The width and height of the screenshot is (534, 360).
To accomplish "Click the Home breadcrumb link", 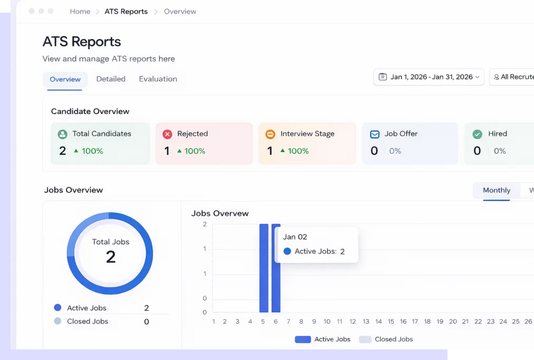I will pyautogui.click(x=80, y=12).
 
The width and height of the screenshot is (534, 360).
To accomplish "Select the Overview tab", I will pyautogui.click(x=65, y=79).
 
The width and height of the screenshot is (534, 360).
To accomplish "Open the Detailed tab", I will pyautogui.click(x=111, y=79).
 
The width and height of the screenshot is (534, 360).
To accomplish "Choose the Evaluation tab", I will pyautogui.click(x=158, y=79).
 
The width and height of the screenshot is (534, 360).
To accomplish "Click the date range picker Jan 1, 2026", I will pyautogui.click(x=428, y=77).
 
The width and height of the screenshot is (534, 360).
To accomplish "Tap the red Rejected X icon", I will pyautogui.click(x=167, y=134).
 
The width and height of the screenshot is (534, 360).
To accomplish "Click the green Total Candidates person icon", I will pyautogui.click(x=63, y=134).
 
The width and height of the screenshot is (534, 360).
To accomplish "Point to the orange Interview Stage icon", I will pyautogui.click(x=270, y=134).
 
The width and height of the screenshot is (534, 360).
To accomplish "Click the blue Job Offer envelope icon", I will pyautogui.click(x=375, y=134).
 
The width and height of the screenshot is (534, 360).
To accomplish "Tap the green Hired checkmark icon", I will pyautogui.click(x=478, y=134).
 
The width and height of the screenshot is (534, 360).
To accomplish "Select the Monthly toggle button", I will pyautogui.click(x=497, y=190).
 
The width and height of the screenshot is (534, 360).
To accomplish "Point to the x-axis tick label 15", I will pyautogui.click(x=391, y=321).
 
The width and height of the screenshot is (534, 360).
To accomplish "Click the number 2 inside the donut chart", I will pyautogui.click(x=110, y=257).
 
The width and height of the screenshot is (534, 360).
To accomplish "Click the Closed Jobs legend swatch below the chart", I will pyautogui.click(x=365, y=339).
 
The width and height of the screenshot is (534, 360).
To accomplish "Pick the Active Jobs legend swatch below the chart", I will pyautogui.click(x=303, y=339).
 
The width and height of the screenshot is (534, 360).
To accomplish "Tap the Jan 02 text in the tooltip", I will pyautogui.click(x=295, y=237).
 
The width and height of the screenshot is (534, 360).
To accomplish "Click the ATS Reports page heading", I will pyautogui.click(x=82, y=42).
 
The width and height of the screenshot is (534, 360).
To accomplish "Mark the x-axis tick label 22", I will pyautogui.click(x=478, y=321).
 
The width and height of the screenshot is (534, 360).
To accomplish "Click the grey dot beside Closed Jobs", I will pyautogui.click(x=58, y=321).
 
